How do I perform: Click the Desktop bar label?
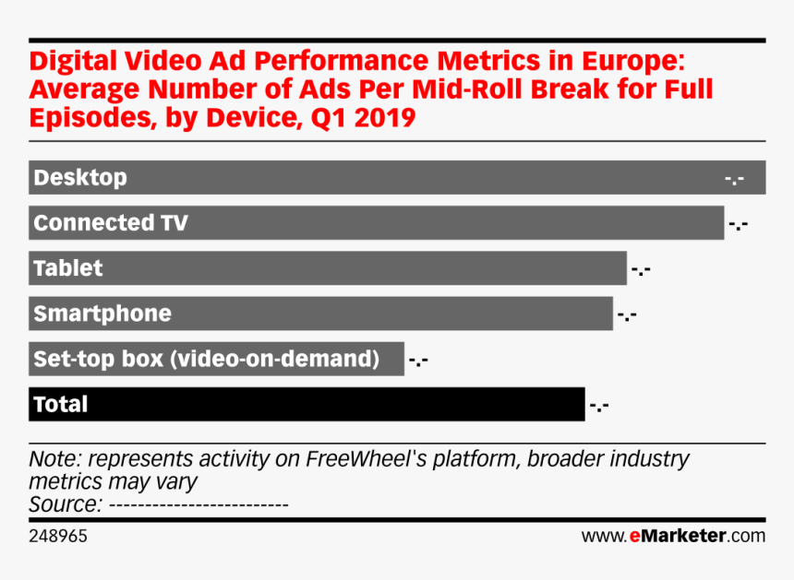tap(80, 177)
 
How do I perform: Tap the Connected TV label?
tap(111, 222)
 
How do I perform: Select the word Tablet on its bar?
tap(68, 268)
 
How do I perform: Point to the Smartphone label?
tap(102, 314)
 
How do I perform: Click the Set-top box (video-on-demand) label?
tap(206, 359)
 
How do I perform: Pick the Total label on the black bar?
tap(61, 404)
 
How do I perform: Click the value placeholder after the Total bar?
tap(598, 406)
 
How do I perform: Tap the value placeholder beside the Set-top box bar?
tap(417, 361)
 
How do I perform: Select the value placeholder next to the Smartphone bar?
tap(627, 315)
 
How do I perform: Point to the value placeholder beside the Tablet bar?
tap(641, 270)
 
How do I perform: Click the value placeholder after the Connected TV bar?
tap(738, 224)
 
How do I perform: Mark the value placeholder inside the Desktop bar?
tap(735, 178)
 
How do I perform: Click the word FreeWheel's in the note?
tap(358, 459)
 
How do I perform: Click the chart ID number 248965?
tap(59, 535)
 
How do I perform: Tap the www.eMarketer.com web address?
tap(672, 535)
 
